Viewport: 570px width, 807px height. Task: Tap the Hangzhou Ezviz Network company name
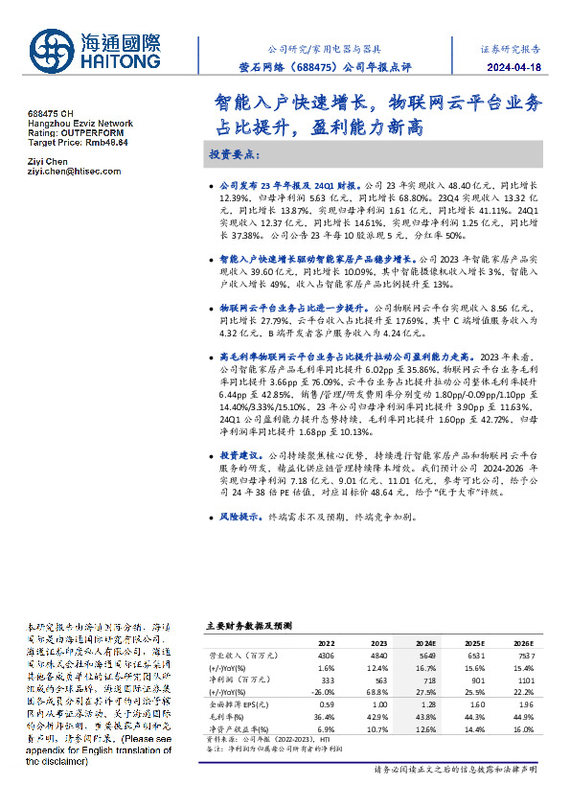80,124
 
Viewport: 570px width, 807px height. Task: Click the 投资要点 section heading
235,153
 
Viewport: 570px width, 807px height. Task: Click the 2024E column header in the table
423,643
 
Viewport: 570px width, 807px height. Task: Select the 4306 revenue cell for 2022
327,654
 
